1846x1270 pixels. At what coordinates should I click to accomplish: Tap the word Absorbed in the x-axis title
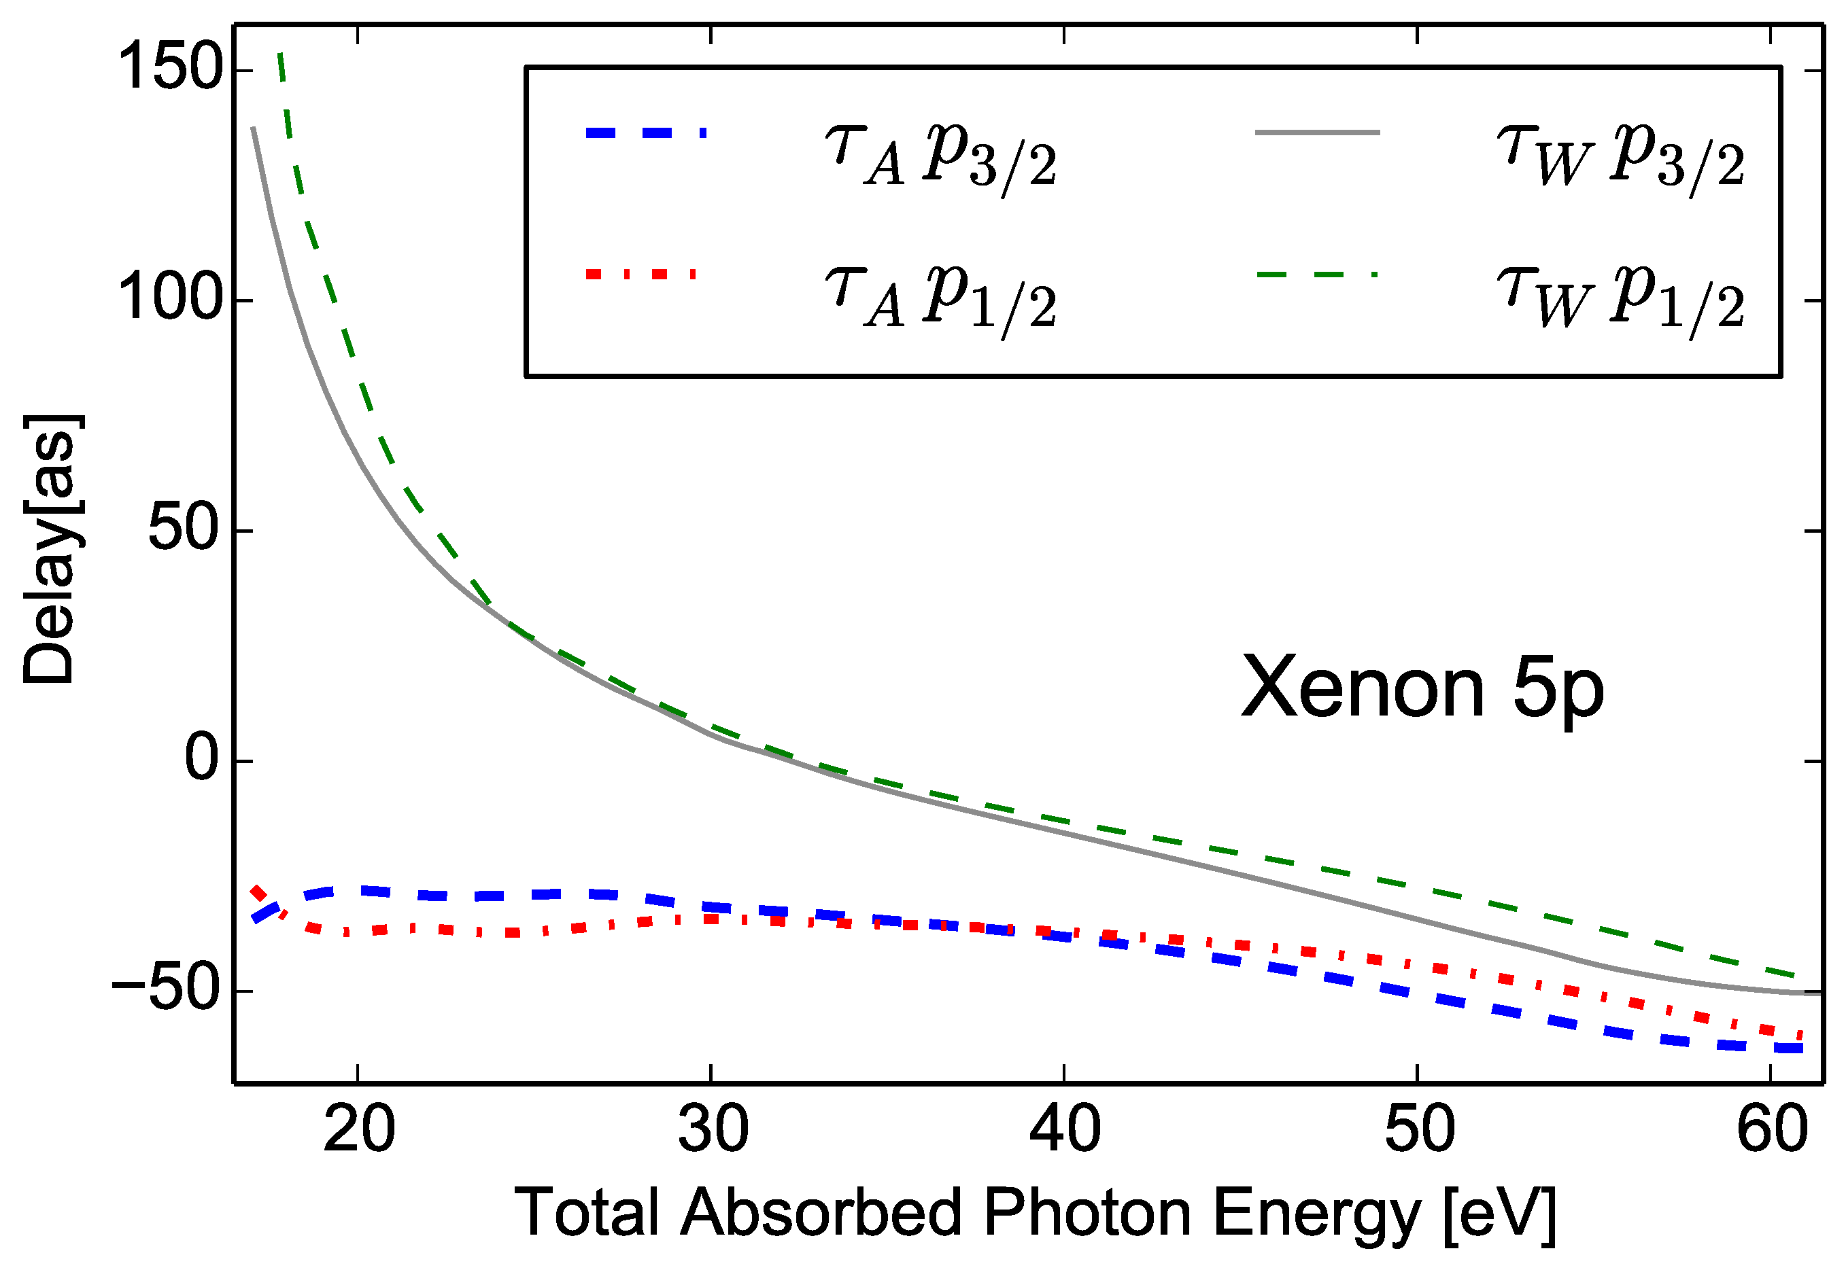pyautogui.click(x=821, y=1214)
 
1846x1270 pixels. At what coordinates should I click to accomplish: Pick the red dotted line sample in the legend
pyautogui.click(x=640, y=275)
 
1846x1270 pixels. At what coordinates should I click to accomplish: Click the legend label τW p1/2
pyautogui.click(x=1620, y=298)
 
